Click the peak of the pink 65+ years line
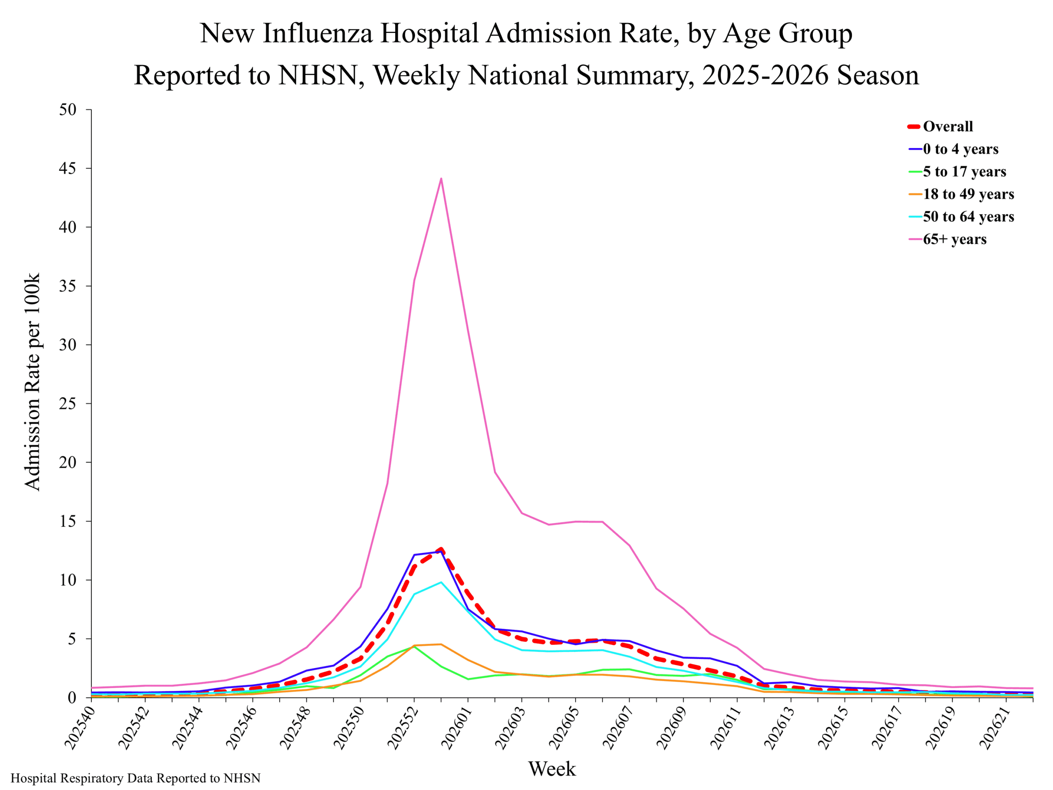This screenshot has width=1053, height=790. tap(441, 179)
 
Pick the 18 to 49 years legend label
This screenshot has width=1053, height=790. tap(961, 194)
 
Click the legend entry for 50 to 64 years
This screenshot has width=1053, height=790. tap(961, 217)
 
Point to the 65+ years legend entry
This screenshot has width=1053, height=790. tap(947, 239)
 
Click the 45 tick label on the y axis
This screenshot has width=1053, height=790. tap(67, 169)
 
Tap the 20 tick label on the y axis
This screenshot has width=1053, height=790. tap(67, 462)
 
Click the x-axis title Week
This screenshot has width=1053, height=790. tap(552, 769)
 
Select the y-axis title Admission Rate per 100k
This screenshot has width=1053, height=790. tap(32, 382)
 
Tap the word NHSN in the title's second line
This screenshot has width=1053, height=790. tap(318, 75)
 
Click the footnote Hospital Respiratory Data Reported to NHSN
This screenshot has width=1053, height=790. tap(136, 778)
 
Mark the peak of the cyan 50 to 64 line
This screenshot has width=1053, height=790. tap(441, 582)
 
